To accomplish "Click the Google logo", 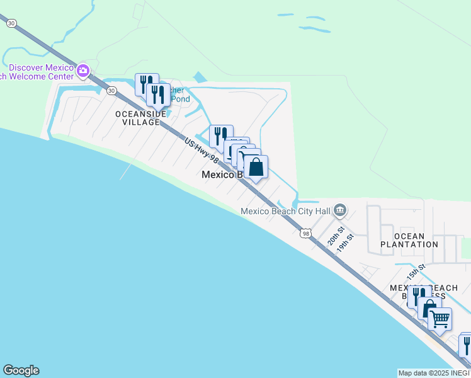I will coord(21,370).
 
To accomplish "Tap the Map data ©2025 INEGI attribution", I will coord(434,373).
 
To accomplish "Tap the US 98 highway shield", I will coord(306,233).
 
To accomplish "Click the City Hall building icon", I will coord(340,209).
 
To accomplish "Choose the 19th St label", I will coord(345,243).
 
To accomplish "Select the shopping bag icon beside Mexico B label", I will coord(256,168).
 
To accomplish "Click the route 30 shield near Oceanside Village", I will coord(111,91).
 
